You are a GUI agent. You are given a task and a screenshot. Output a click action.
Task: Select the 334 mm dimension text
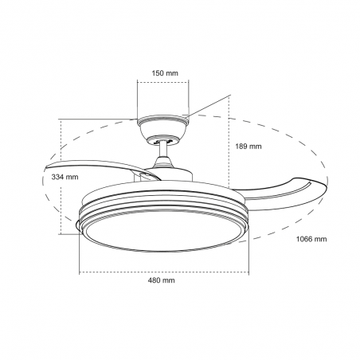pyautogui.click(x=41, y=177)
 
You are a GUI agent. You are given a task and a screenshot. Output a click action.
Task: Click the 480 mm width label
pyautogui.click(x=162, y=281)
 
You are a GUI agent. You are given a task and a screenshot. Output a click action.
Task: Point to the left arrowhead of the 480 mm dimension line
pyautogui.click(x=81, y=271)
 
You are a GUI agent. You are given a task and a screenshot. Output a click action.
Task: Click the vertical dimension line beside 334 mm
pyautogui.click(x=61, y=177)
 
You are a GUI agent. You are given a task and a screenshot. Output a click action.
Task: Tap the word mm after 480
pyautogui.click(x=170, y=281)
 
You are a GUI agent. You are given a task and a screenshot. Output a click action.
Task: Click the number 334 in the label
pyautogui.click(x=35, y=177)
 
